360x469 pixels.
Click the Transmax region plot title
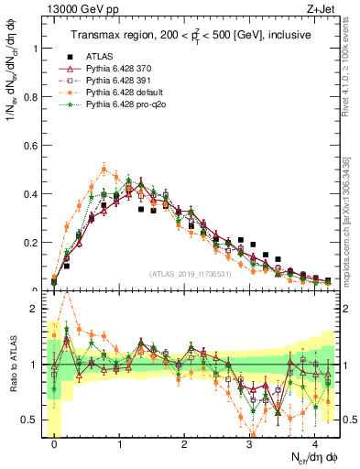193,35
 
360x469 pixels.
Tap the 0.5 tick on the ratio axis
34,420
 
